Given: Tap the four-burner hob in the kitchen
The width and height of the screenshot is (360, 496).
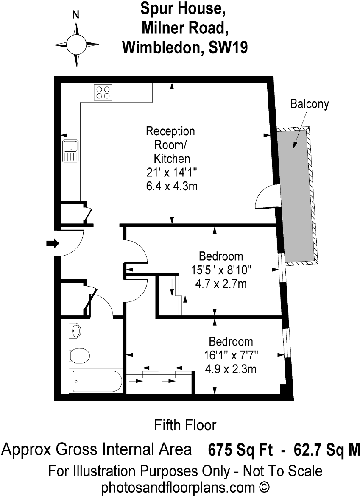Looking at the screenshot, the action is (103, 92).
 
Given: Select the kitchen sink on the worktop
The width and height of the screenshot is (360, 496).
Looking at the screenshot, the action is (70, 151).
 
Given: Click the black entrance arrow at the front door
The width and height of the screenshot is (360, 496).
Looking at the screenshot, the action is (53, 243).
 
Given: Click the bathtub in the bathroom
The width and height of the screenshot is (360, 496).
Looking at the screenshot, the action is (97, 381).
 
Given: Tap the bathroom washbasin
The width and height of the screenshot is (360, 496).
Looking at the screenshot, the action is (75, 331).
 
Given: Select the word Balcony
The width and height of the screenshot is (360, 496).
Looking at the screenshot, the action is (310, 104).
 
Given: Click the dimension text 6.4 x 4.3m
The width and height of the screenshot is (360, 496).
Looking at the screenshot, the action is (172, 186).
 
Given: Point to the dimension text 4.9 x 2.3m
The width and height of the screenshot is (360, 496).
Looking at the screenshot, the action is (230, 369).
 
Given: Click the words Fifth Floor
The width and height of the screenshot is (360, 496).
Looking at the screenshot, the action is (185, 425).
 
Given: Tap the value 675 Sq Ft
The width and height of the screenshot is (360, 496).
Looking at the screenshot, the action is (240, 450).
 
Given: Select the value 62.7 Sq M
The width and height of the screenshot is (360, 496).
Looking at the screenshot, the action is (327, 450).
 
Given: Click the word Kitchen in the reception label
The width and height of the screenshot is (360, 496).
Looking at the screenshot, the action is (172, 159).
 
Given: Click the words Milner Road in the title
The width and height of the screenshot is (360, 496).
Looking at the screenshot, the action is (185, 28).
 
